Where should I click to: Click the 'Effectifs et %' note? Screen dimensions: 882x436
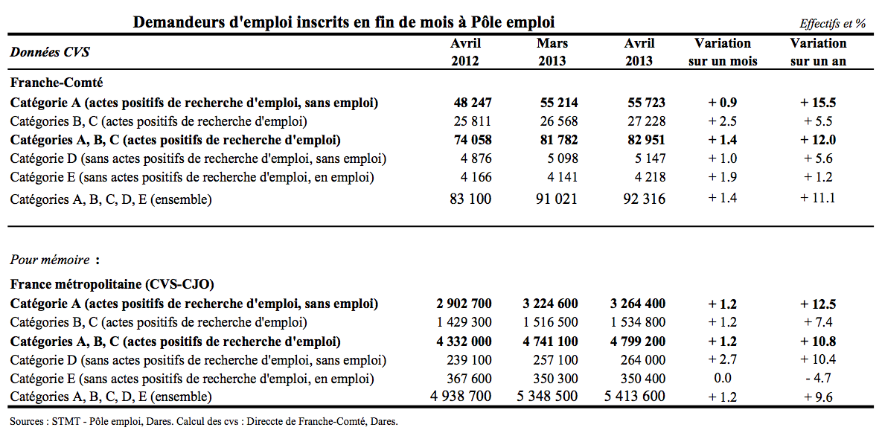[833, 24]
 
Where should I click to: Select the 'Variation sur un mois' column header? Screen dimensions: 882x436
[723, 52]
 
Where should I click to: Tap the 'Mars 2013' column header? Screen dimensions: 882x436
[552, 52]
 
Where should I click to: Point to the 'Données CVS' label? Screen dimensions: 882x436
[50, 52]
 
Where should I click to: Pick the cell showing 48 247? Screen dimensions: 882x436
[473, 103]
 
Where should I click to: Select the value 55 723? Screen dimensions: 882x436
[646, 103]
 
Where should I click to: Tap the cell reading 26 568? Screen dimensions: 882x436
[558, 121]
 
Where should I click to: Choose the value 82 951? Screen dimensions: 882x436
[646, 140]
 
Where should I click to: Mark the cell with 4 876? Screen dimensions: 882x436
[476, 158]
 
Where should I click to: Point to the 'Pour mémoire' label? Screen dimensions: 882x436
[50, 260]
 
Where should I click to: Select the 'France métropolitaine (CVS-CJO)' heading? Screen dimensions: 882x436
[112, 284]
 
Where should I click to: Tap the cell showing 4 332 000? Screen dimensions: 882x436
[463, 341]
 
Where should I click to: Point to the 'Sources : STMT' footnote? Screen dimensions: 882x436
[204, 421]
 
